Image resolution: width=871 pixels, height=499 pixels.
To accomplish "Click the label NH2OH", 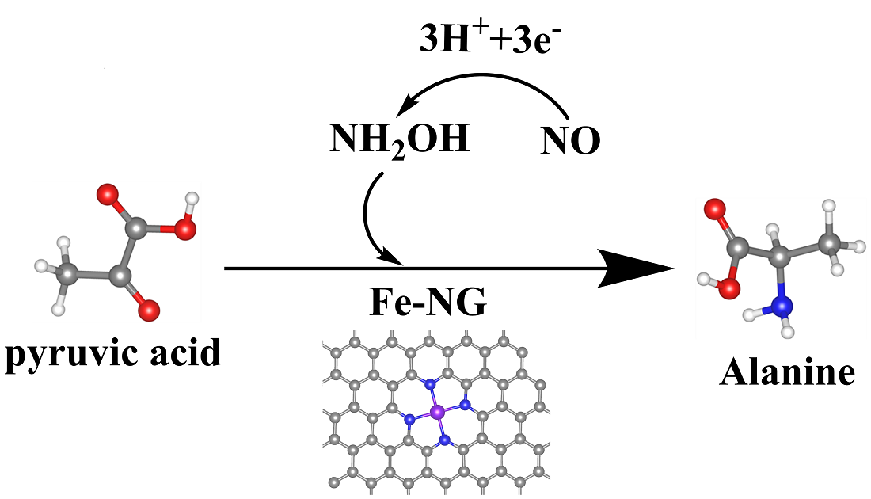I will point(399,141).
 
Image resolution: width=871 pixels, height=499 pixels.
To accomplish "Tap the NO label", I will point(570,142).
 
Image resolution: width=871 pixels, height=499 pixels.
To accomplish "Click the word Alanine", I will point(787,371).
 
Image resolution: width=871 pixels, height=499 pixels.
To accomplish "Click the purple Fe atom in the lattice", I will point(437,411).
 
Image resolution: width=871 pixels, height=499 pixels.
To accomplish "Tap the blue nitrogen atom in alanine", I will point(783,305).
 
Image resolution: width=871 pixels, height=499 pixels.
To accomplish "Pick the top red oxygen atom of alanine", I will point(715,211).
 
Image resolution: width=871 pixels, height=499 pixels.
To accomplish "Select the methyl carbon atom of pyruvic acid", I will point(69,274).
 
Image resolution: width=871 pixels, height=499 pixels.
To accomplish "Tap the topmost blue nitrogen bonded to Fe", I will point(431,384).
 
